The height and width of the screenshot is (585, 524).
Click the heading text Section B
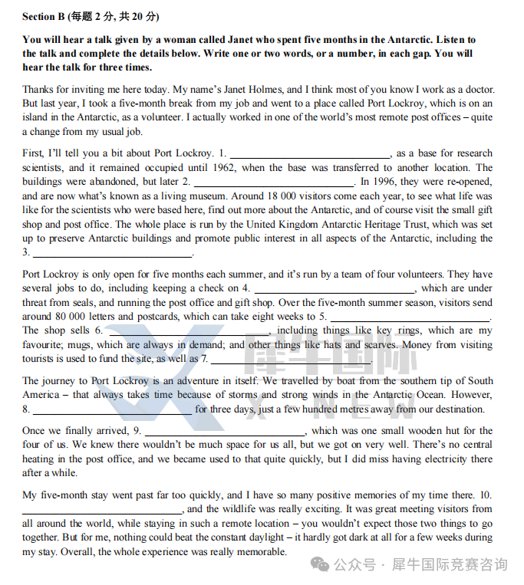(44, 16)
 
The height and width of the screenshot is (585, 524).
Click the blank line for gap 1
(310, 154)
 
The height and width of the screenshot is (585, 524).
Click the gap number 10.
(486, 495)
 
